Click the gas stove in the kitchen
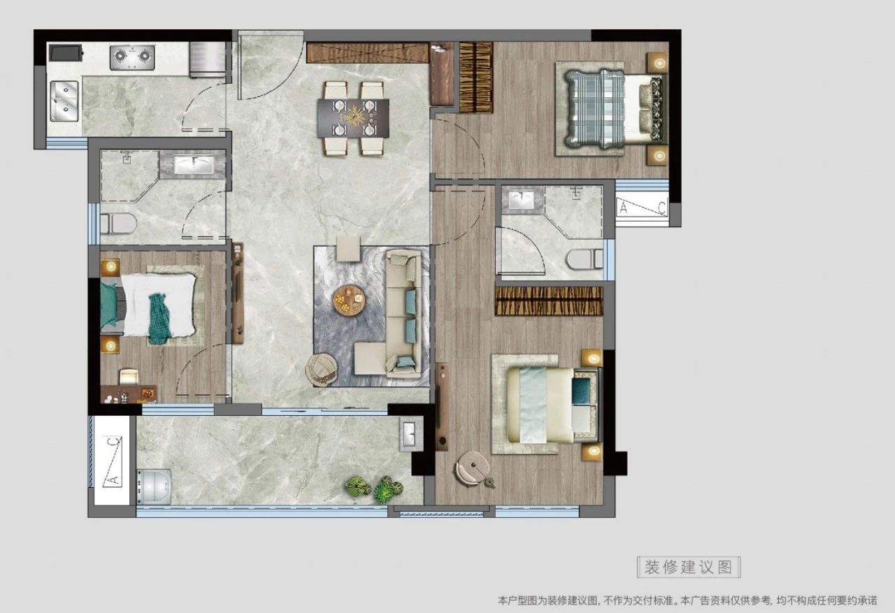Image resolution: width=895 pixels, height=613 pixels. click(132, 58)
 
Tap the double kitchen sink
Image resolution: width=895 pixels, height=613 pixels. click(64, 101)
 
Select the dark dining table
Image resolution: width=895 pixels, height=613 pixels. click(353, 118)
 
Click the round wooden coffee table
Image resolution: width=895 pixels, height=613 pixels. click(350, 300)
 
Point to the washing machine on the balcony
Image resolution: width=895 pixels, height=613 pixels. click(155, 486)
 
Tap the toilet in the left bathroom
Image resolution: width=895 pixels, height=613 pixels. click(119, 224)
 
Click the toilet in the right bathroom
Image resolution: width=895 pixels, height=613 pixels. click(585, 259)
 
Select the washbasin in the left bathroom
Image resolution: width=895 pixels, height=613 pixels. click(194, 164)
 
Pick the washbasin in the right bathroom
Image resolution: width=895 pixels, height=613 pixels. click(522, 200)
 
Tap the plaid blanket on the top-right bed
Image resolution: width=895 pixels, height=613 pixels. click(594, 108)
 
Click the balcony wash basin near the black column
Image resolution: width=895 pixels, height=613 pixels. click(410, 433)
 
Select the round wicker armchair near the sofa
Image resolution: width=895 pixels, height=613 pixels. click(321, 370)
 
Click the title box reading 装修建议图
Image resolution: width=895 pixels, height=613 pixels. click(689, 567)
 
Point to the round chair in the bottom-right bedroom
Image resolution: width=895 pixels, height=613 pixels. click(473, 468)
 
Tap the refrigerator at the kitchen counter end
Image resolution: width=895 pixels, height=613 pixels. click(208, 59)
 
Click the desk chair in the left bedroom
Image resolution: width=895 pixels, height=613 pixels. click(129, 377)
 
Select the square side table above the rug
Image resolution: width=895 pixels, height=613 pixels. click(348, 248)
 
